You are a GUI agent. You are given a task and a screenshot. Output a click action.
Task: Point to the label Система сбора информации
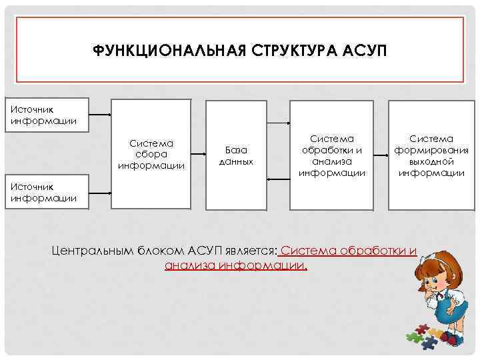151,154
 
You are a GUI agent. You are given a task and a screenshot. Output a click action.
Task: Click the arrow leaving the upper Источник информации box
99,115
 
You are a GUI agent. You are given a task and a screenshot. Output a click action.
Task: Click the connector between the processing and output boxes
381,154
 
